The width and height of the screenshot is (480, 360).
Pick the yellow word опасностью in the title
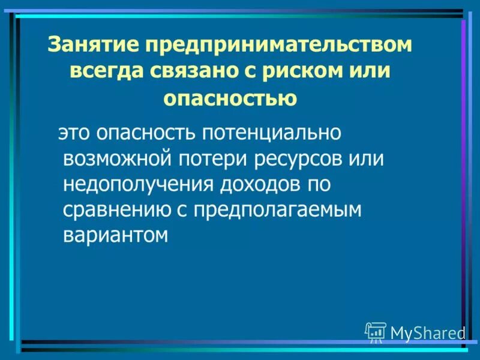[231, 98]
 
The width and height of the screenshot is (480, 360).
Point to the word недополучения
[137, 184]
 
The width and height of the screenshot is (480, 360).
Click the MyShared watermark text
[428, 332]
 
